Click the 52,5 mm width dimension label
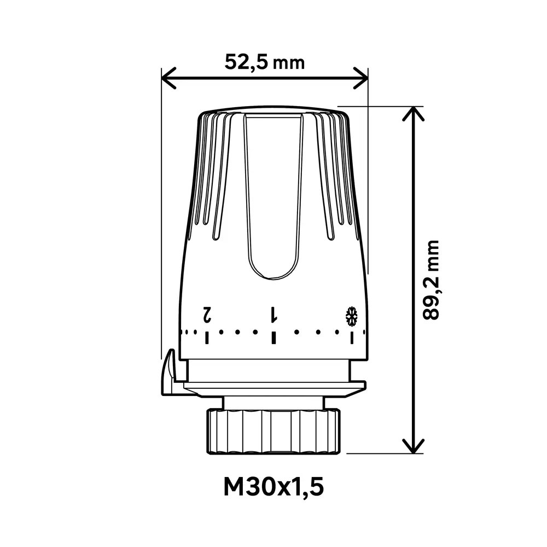click(264, 62)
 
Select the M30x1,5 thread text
click(273, 486)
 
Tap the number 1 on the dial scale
click(273, 315)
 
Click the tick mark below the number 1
click(273, 337)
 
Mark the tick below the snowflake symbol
click(352, 337)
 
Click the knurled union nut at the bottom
click(273, 430)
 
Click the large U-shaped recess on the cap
click(273, 208)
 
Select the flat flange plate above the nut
click(273, 387)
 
